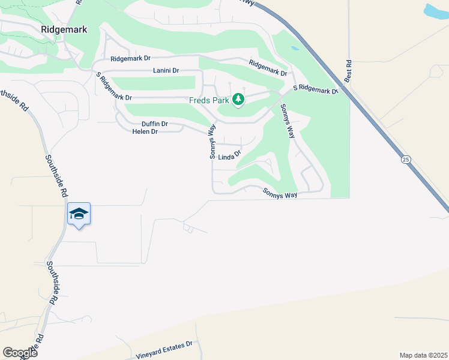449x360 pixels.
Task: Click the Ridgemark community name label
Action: (x=64, y=29)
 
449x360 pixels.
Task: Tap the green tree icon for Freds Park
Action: (x=238, y=99)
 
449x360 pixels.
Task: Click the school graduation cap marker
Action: (x=79, y=214)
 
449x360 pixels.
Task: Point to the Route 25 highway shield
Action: (x=406, y=159)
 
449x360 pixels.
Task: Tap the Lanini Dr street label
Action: (x=166, y=71)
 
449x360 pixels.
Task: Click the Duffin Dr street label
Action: (x=155, y=124)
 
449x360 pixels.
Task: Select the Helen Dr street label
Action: (x=145, y=131)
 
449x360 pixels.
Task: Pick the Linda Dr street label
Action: (x=229, y=156)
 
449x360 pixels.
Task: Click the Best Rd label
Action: (x=348, y=73)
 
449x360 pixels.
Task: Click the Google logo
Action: (x=20, y=352)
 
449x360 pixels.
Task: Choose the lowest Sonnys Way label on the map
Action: (x=280, y=193)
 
